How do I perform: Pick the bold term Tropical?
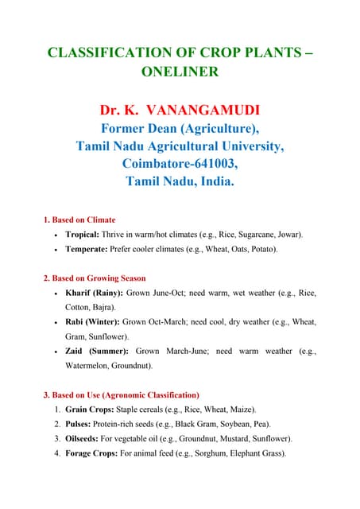point(82,235)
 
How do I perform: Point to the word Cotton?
point(79,307)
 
